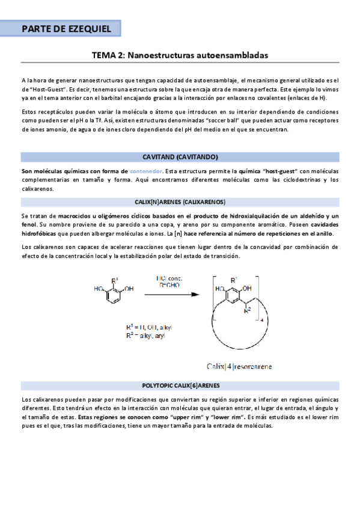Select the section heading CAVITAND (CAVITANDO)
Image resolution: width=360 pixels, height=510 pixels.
[180, 158]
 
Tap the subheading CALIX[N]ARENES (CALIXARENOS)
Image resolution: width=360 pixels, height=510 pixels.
[180, 201]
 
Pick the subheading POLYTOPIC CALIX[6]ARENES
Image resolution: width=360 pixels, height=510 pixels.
[180, 385]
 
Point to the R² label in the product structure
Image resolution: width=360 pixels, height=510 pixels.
[248, 312]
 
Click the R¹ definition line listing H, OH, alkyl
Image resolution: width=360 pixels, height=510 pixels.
[149, 327]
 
